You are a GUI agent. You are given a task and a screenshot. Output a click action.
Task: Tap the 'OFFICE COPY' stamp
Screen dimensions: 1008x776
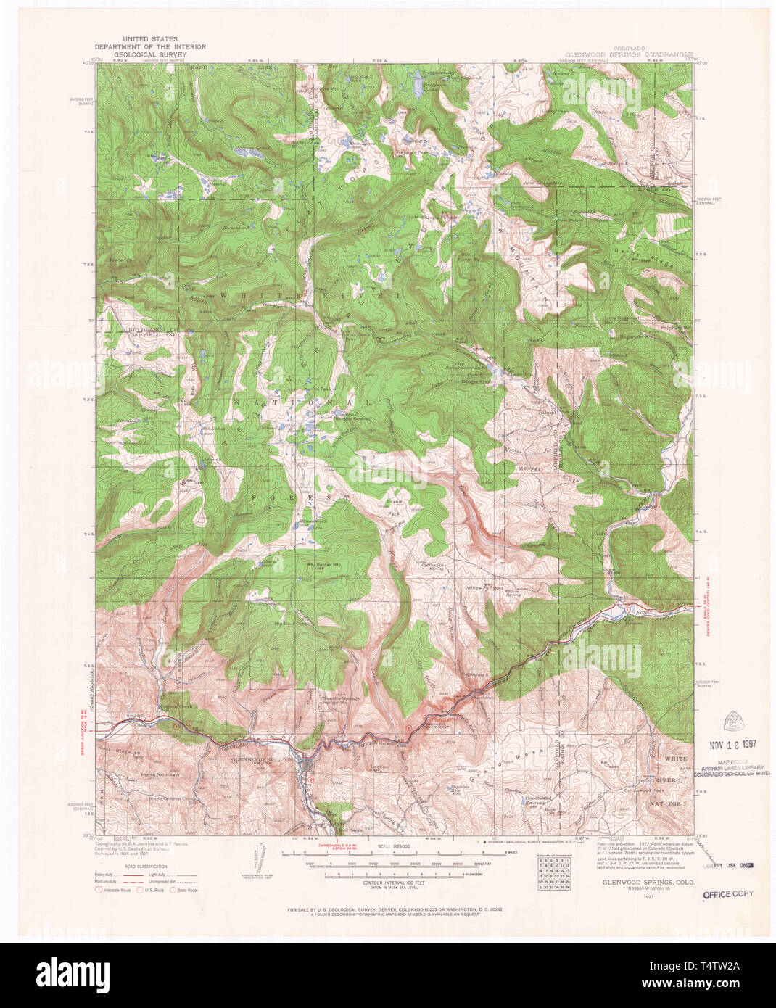pos(727,894)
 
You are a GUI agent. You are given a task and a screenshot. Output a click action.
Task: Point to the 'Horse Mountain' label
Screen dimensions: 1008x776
pos(160,775)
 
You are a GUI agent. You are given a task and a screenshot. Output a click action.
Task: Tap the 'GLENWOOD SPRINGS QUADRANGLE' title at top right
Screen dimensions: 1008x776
pos(632,54)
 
